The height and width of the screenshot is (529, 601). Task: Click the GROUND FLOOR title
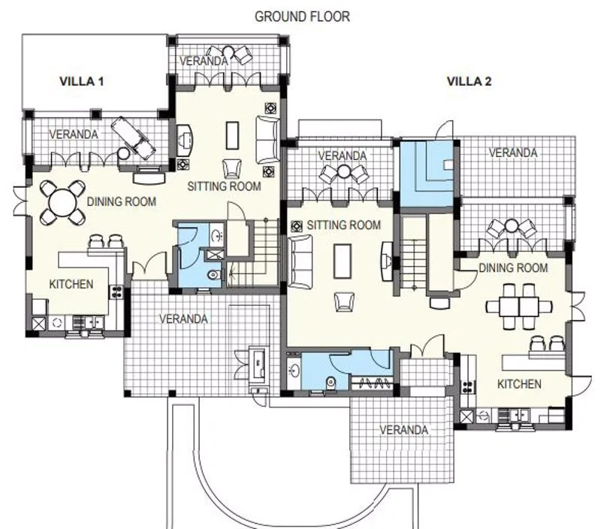tap(302, 17)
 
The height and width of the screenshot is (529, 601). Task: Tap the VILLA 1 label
tap(81, 81)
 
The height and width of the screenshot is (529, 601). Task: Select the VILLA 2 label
tap(469, 81)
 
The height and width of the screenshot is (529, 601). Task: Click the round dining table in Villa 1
tap(62, 202)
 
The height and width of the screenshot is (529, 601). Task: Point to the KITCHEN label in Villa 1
tap(71, 284)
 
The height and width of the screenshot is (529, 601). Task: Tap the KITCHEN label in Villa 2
tap(519, 384)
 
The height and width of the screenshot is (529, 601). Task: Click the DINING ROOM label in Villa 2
tap(513, 268)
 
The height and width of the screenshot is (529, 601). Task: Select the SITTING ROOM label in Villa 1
tap(224, 186)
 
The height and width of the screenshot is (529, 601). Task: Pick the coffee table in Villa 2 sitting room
tap(343, 261)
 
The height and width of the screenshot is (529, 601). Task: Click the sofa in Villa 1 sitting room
tap(267, 140)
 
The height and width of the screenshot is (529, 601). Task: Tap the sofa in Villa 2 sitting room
tap(301, 261)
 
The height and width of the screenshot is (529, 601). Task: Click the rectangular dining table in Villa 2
tap(519, 307)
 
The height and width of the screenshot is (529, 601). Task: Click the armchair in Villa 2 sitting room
tap(344, 301)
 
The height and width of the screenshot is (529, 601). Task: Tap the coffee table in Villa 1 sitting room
tap(232, 135)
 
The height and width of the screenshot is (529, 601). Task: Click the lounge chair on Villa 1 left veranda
tap(133, 138)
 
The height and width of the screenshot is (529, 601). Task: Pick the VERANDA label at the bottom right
tap(403, 430)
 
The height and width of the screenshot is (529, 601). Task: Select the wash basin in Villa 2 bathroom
tap(294, 370)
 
